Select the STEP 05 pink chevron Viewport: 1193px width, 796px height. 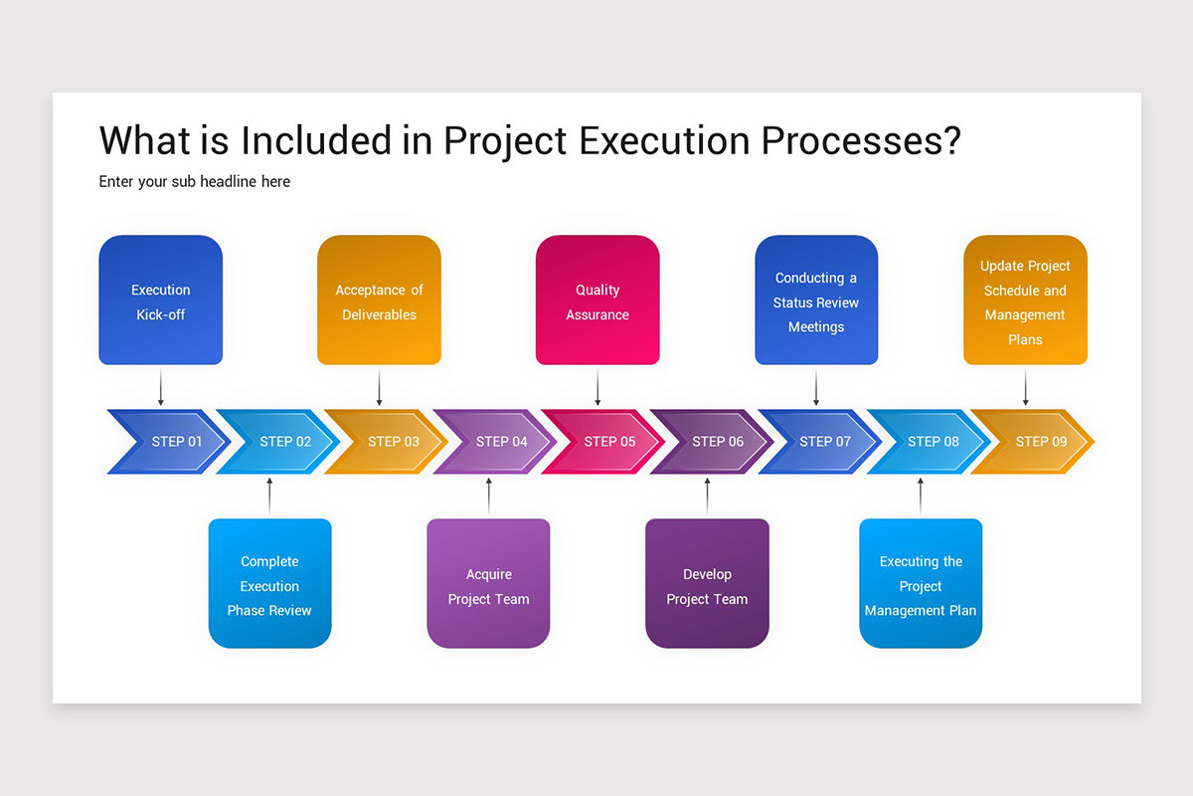(x=604, y=442)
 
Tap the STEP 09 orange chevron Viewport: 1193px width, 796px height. (x=1036, y=442)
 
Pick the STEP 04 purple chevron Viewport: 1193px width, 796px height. (x=496, y=442)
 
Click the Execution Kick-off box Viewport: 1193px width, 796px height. (x=160, y=300)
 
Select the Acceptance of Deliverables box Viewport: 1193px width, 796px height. (x=379, y=300)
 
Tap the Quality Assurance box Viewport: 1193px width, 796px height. (x=597, y=300)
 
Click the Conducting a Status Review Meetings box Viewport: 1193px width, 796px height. (x=816, y=300)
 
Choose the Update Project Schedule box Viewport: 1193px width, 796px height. (x=1025, y=300)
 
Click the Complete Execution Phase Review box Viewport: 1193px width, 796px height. (x=269, y=584)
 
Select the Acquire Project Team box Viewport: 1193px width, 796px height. (x=488, y=584)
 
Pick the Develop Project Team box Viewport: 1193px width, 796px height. (x=707, y=584)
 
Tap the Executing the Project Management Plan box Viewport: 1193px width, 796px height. (x=921, y=584)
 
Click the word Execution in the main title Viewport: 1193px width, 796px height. (x=664, y=140)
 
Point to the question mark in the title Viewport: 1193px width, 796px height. (x=950, y=140)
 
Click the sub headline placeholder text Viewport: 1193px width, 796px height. (x=195, y=182)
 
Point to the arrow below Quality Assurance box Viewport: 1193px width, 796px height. (x=597, y=387)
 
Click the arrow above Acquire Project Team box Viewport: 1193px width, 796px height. (x=488, y=496)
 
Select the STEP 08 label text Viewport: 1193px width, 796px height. (x=933, y=442)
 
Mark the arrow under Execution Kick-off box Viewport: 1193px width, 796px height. (x=160, y=387)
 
